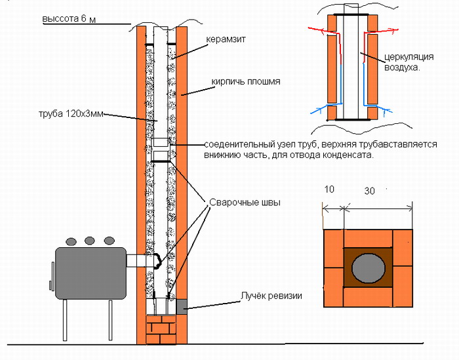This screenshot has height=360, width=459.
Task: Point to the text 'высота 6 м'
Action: click(69, 19)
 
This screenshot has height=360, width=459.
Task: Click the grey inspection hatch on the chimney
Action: click(181, 305)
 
